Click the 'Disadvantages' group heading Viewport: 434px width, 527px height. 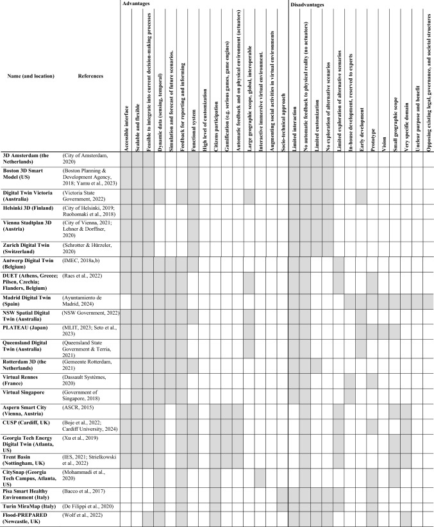(x=306, y=4)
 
